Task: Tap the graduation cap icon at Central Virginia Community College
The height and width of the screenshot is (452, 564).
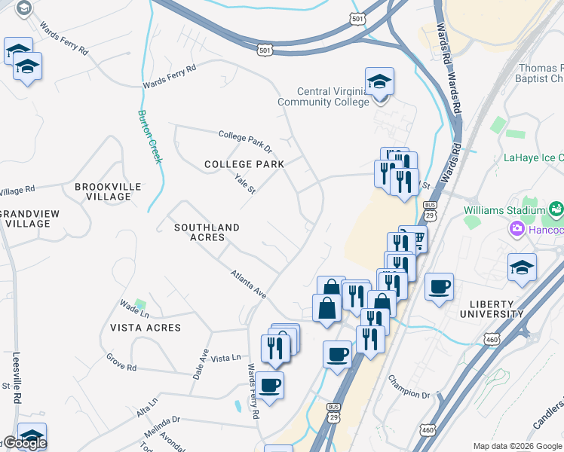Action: (x=380, y=81)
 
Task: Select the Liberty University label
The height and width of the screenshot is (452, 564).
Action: (x=491, y=308)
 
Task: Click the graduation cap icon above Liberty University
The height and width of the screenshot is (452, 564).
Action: (x=522, y=267)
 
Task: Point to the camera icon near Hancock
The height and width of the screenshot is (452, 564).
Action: (x=519, y=228)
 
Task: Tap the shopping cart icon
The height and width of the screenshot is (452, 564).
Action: (x=414, y=239)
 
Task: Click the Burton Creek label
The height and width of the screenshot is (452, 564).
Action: (x=149, y=136)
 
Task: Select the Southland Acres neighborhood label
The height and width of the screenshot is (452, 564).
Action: (x=207, y=232)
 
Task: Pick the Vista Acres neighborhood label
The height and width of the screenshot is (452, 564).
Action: (x=146, y=328)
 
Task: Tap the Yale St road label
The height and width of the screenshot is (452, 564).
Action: (x=246, y=184)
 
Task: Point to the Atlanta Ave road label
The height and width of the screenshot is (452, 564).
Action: (x=249, y=285)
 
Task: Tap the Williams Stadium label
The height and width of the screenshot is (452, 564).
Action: (x=504, y=209)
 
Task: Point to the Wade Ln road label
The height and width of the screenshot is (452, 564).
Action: (x=134, y=307)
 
